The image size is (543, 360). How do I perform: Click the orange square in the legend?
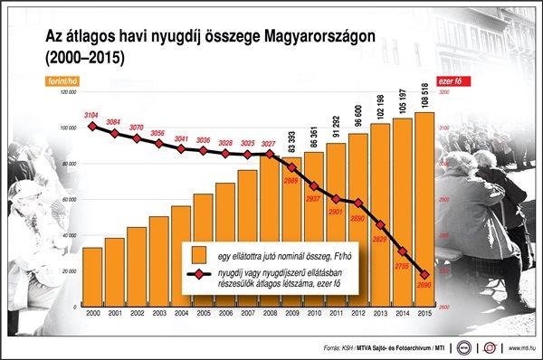point(198,256)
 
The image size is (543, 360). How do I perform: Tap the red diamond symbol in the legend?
point(198,276)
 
